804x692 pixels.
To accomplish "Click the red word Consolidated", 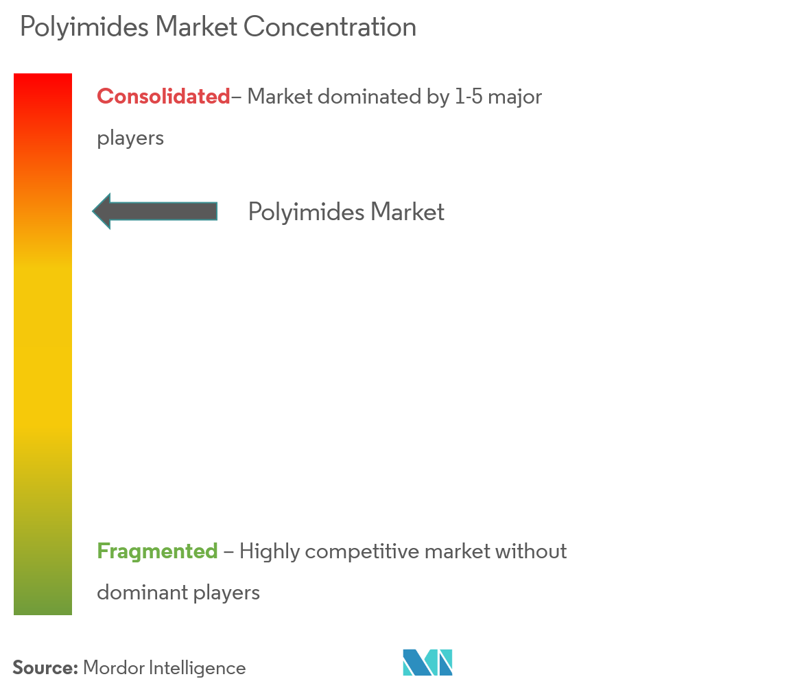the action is (163, 97).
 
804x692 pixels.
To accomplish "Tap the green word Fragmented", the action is (157, 551).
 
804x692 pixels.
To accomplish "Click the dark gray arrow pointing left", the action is (155, 211).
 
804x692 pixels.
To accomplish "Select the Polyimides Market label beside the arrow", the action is (346, 212).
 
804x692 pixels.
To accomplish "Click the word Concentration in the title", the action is (330, 27).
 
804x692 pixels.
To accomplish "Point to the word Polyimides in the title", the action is (84, 27).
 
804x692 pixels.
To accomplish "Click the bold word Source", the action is (45, 668).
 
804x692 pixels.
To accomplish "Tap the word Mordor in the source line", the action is (114, 668).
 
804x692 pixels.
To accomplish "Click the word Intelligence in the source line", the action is (198, 669).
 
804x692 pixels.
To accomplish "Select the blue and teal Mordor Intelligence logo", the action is (427, 663).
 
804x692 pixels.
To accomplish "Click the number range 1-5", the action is (469, 97).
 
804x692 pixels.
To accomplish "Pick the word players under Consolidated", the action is (130, 139).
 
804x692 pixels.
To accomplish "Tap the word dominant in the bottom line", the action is (143, 593).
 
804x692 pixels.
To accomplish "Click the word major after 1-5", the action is (515, 97).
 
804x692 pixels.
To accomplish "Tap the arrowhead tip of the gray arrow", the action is (93, 211).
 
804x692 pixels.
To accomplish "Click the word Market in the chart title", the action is (196, 27).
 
